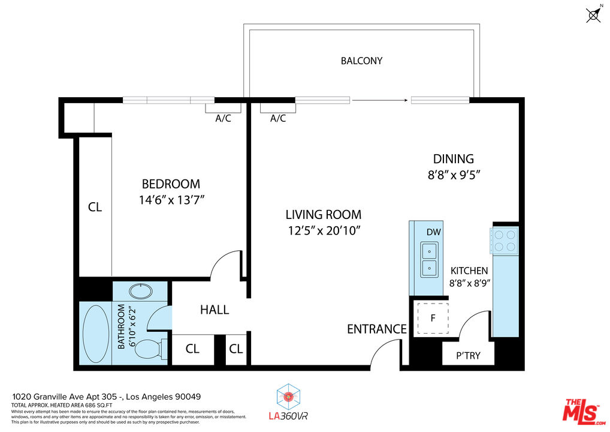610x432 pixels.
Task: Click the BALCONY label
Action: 361,61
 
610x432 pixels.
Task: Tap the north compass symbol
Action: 593,15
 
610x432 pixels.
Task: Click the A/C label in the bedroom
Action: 223,119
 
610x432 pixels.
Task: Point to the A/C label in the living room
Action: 277,119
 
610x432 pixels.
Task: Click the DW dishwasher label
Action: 433,232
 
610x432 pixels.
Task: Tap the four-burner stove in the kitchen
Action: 503,239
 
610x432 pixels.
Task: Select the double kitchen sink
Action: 429,259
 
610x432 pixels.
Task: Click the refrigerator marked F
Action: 433,316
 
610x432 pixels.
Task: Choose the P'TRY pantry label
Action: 468,355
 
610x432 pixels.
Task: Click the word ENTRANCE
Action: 376,329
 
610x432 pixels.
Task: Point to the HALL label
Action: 214,310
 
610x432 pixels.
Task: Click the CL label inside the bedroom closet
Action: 95,207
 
